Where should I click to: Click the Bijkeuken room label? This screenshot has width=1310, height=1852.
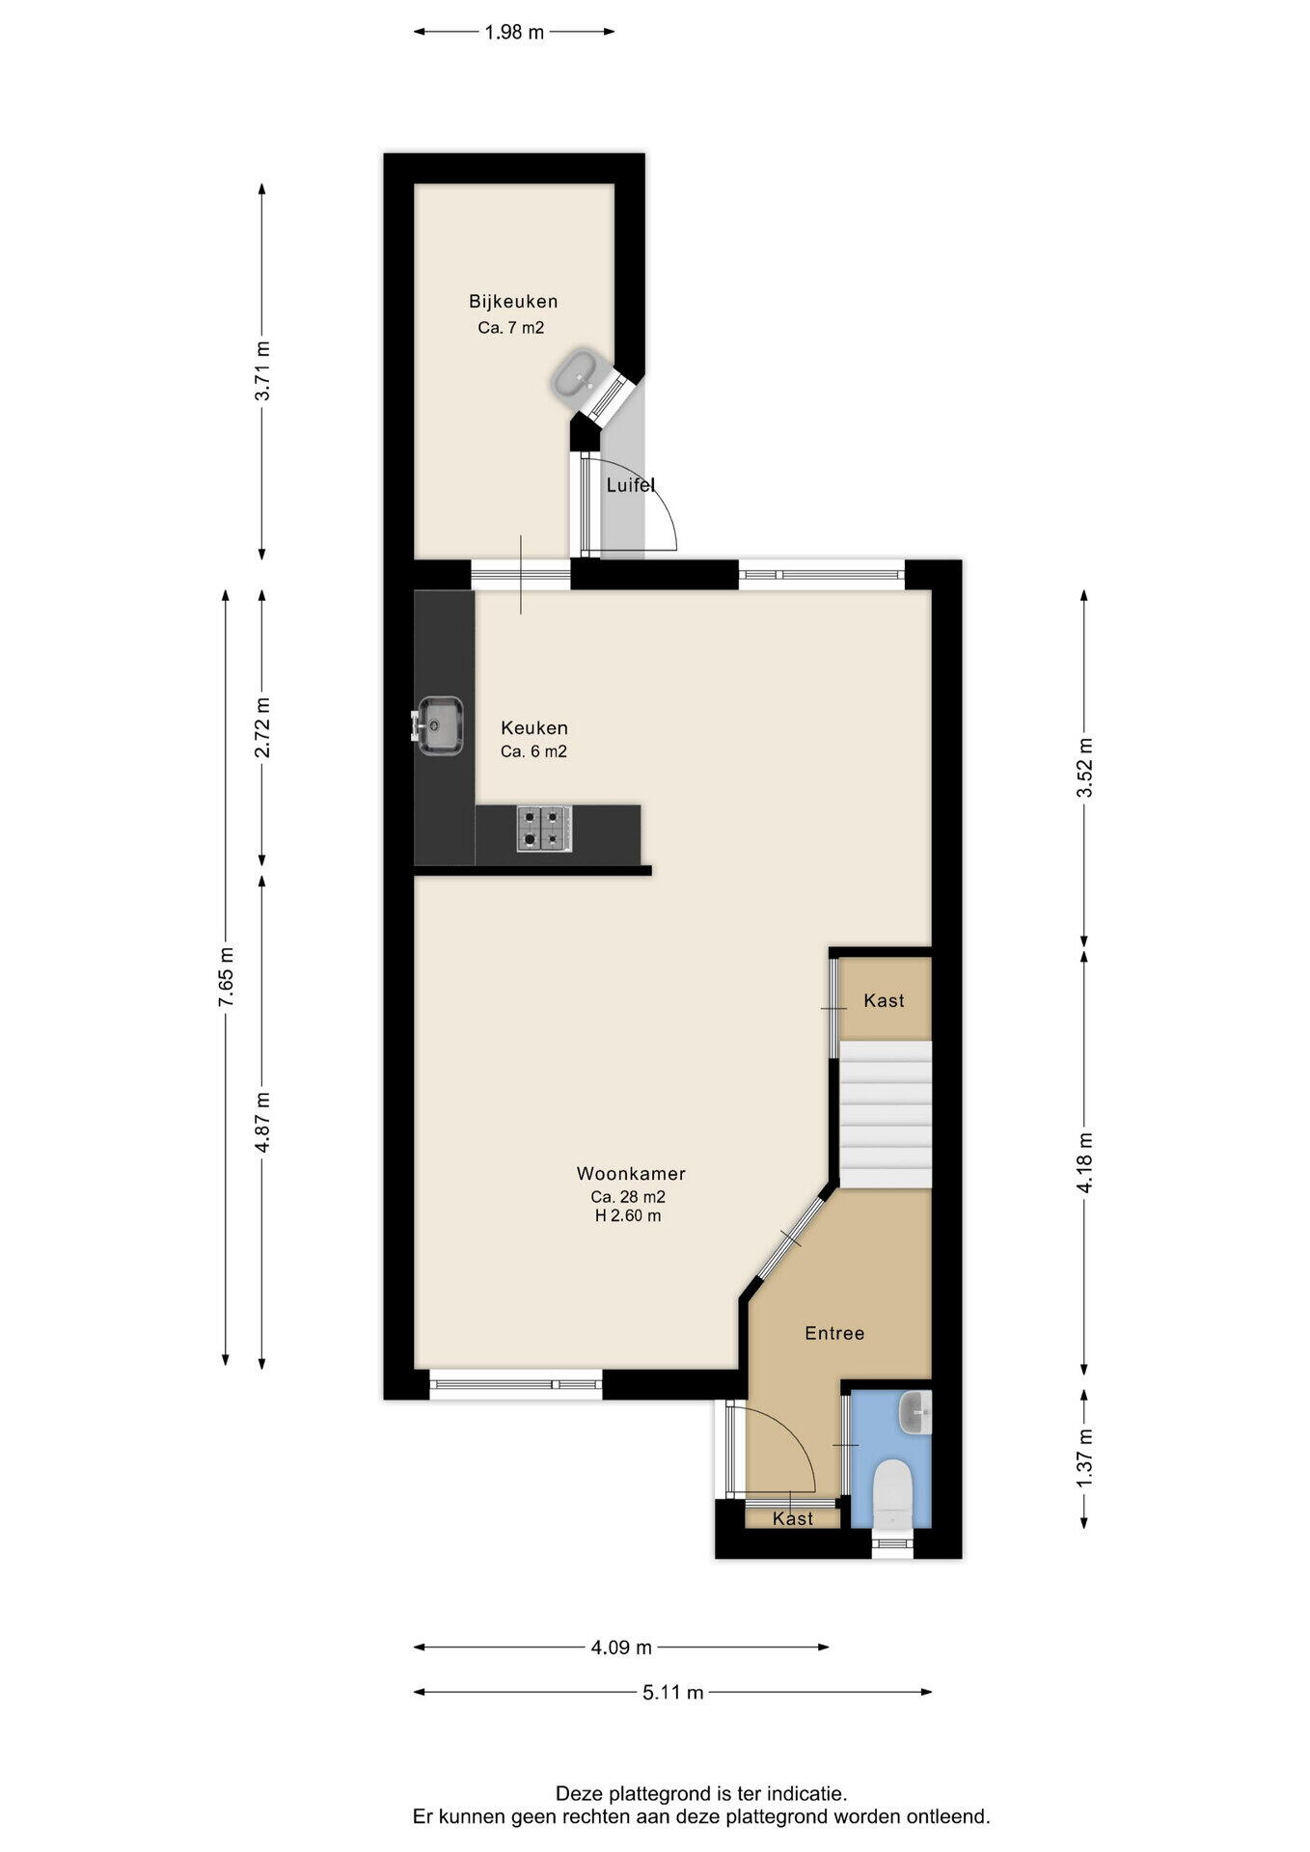coord(513,301)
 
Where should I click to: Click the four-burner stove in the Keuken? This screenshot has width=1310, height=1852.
coord(544,829)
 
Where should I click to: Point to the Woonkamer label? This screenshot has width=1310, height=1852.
coord(631,1174)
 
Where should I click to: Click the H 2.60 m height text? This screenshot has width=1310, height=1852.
coord(628,1215)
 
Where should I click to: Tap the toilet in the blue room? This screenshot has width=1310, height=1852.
coord(890,1491)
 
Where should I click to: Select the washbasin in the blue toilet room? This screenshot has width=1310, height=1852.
coord(914,1413)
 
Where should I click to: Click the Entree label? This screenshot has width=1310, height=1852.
coord(834,1333)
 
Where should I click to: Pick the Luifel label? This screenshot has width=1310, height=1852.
coord(631,485)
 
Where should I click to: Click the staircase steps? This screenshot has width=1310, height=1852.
coord(885,1114)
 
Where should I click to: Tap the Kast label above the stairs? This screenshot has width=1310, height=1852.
coord(884,1000)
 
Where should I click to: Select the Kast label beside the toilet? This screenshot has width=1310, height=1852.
coord(793,1518)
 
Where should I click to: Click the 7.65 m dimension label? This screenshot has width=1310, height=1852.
coord(226,977)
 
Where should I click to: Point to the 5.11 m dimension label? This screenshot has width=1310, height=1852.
coord(673,1691)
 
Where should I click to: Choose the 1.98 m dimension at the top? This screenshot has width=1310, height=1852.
coord(514,32)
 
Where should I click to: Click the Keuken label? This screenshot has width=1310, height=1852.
coord(533,727)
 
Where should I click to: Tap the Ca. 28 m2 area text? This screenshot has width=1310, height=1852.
coord(628,1196)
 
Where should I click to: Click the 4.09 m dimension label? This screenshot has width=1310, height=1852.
coord(621,1647)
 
